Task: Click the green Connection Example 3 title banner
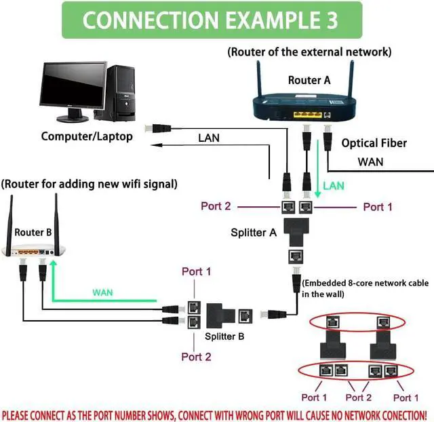[210, 20]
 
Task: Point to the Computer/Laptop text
[87, 136]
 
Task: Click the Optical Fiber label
[374, 143]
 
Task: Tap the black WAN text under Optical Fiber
[370, 161]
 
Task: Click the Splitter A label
[254, 232]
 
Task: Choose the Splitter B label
[225, 335]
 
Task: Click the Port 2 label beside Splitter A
[216, 206]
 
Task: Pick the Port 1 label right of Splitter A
[378, 206]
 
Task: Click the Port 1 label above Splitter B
[197, 271]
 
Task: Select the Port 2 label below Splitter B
[197, 357]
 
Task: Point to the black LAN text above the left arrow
[209, 138]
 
